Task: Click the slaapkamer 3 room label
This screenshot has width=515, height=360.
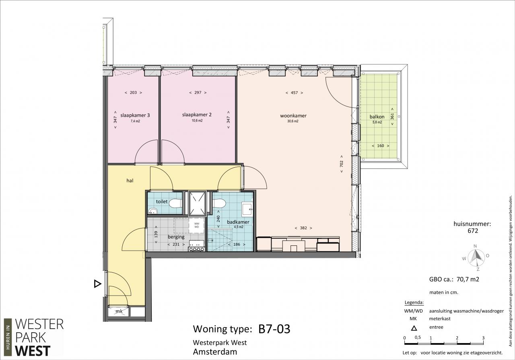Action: (135, 115)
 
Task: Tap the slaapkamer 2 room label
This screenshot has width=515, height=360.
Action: (197, 115)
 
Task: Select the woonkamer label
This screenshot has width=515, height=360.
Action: (293, 115)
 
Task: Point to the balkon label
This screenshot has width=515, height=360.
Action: (377, 117)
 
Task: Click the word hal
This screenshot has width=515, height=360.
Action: (130, 181)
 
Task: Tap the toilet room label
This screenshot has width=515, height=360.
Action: (162, 202)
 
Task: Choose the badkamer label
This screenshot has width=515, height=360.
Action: (238, 222)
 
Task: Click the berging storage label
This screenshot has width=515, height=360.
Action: (176, 237)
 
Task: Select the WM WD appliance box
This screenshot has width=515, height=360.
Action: (197, 225)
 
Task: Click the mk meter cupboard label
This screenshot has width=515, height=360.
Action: (119, 311)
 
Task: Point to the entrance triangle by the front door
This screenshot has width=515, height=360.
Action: (97, 284)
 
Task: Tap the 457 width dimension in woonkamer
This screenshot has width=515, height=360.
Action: (294, 93)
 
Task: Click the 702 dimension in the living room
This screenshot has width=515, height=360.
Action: (342, 164)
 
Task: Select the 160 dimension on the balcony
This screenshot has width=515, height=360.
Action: (381, 146)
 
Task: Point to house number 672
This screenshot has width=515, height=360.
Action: (473, 230)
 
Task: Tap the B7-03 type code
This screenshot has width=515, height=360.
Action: (274, 329)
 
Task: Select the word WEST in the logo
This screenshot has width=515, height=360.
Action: (33, 351)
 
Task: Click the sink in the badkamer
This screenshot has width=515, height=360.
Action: (247, 209)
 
